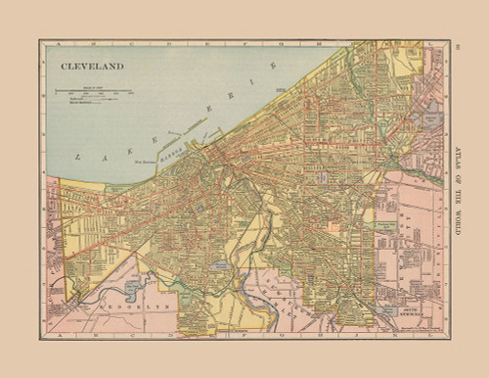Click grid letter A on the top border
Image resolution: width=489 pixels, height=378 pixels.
[x=61, y=43]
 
